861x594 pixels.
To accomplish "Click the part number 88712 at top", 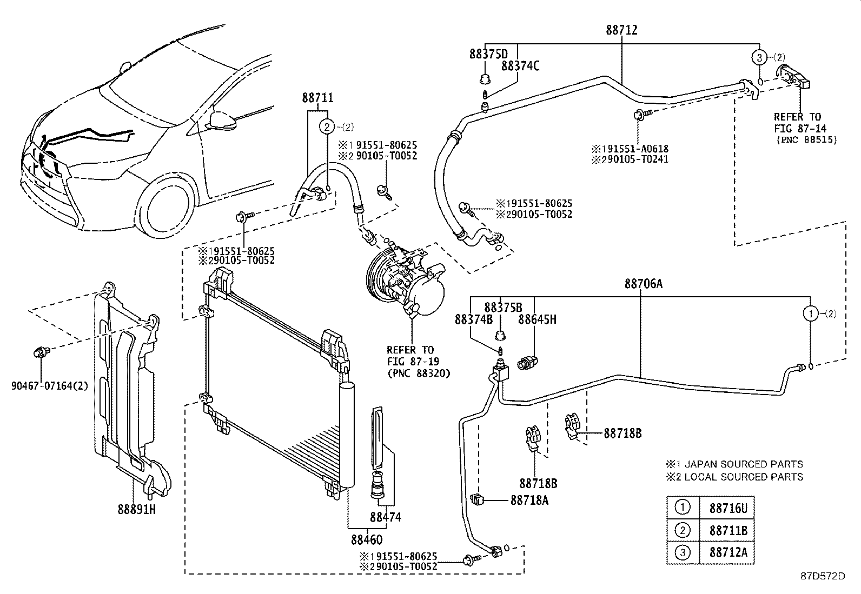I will [621, 31].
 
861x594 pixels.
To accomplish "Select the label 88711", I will [317, 98].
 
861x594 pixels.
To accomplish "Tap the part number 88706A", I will [643, 284].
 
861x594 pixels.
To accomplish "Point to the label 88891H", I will [137, 509].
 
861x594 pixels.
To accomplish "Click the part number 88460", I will [366, 539].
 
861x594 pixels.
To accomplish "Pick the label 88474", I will [386, 517].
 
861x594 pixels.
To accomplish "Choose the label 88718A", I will [529, 500].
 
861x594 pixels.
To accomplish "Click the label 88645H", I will [537, 319].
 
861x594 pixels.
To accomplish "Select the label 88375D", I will [489, 54].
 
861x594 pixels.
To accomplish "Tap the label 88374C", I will [520, 66].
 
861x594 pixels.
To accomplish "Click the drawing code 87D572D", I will [823, 576].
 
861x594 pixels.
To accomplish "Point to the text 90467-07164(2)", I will [49, 386].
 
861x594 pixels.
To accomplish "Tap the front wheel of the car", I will [163, 208].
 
